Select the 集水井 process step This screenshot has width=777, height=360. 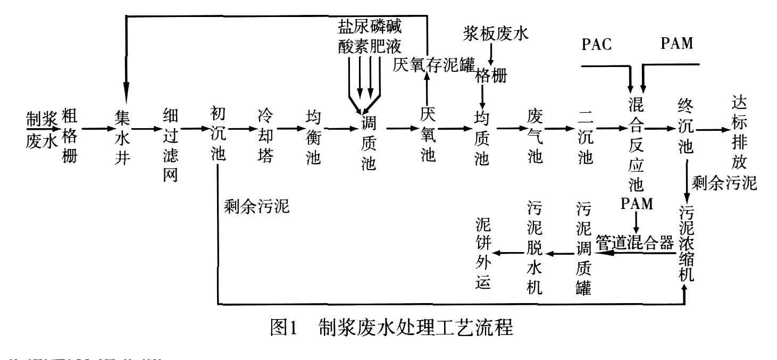[x=122, y=137]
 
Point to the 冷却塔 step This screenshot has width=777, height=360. [x=265, y=137]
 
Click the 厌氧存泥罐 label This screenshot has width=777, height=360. [x=433, y=65]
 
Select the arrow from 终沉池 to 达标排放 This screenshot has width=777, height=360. [x=711, y=129]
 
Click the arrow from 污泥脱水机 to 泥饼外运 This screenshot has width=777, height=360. [x=506, y=251]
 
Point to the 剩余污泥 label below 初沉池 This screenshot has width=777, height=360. [x=257, y=205]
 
